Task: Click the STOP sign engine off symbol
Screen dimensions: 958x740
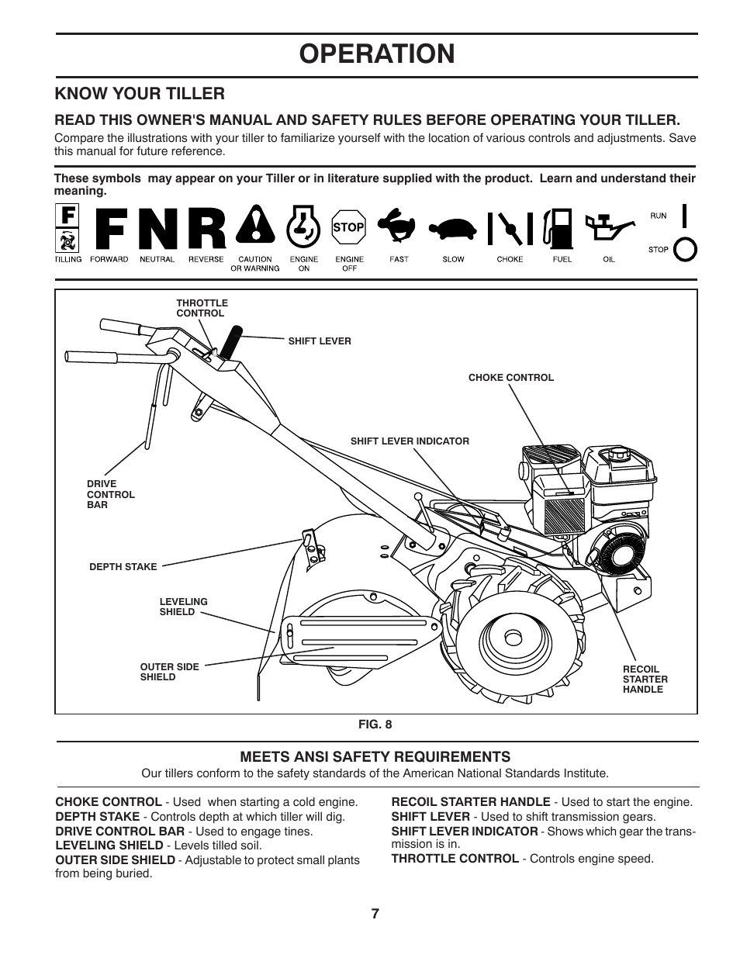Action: coord(348,228)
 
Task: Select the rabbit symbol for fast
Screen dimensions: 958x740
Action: coord(399,227)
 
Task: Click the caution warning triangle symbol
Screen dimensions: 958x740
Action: coord(254,228)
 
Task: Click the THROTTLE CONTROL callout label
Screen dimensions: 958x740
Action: coord(202,308)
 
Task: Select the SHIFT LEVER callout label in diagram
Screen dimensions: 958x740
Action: coord(320,341)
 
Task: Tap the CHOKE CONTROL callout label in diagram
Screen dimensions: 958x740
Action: coord(510,378)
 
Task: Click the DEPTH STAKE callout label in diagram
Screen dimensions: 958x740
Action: coord(123,567)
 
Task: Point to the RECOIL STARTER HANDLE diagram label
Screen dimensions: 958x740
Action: coord(645,679)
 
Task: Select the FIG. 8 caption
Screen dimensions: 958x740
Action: coord(375,725)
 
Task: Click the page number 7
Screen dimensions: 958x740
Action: coord(375,914)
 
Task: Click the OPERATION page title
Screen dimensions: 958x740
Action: coord(375,54)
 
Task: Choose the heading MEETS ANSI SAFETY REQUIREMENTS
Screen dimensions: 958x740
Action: coord(375,756)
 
